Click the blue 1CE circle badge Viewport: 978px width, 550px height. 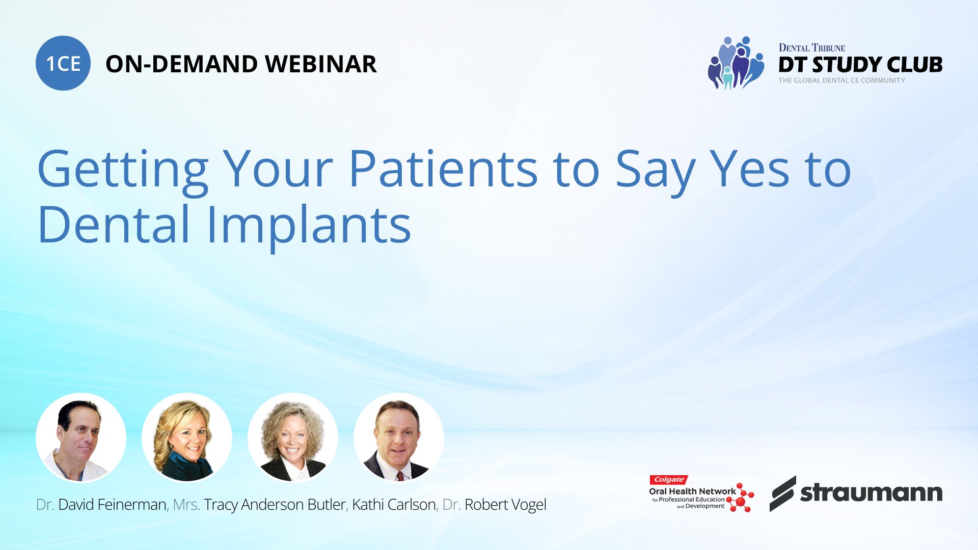(63, 63)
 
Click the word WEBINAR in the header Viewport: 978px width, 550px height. (320, 64)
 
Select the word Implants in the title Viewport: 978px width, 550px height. (309, 225)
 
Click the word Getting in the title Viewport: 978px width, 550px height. (123, 172)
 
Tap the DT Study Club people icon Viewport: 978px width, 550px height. (736, 63)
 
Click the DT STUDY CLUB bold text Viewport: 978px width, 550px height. (860, 65)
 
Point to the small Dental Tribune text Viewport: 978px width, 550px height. (812, 48)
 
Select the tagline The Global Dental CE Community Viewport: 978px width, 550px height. (842, 80)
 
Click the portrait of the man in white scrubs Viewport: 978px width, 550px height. (81, 438)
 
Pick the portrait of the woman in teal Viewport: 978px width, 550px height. (187, 438)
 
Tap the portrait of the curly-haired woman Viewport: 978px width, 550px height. (293, 438)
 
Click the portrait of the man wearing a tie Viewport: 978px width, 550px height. (399, 438)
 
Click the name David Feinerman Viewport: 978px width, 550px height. (112, 505)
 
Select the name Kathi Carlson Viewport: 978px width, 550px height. (394, 505)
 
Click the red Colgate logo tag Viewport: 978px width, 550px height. (669, 480)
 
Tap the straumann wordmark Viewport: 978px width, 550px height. (871, 492)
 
